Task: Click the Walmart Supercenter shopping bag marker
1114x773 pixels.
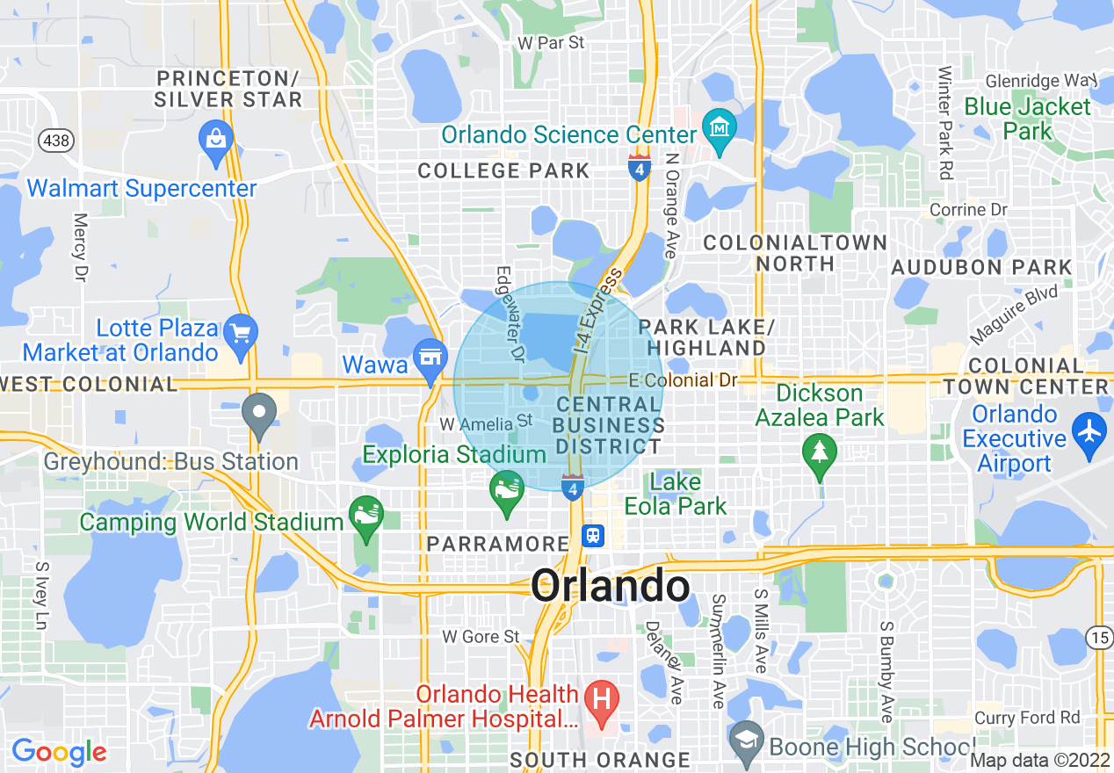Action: [215, 139]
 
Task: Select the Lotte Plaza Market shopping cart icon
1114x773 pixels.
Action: [240, 333]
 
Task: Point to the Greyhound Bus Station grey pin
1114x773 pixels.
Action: [259, 413]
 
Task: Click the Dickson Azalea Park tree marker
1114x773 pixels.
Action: [820, 452]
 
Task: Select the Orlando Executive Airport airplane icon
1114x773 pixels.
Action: [1090, 433]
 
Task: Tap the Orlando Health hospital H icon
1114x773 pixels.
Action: [603, 701]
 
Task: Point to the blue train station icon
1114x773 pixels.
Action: [593, 536]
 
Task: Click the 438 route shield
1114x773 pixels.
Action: [50, 140]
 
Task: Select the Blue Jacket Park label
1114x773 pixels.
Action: [1027, 119]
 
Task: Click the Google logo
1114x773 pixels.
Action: [59, 752]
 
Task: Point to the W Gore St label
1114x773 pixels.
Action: [481, 636]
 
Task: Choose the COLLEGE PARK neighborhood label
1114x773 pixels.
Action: [503, 170]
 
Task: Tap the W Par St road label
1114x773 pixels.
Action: [551, 42]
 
